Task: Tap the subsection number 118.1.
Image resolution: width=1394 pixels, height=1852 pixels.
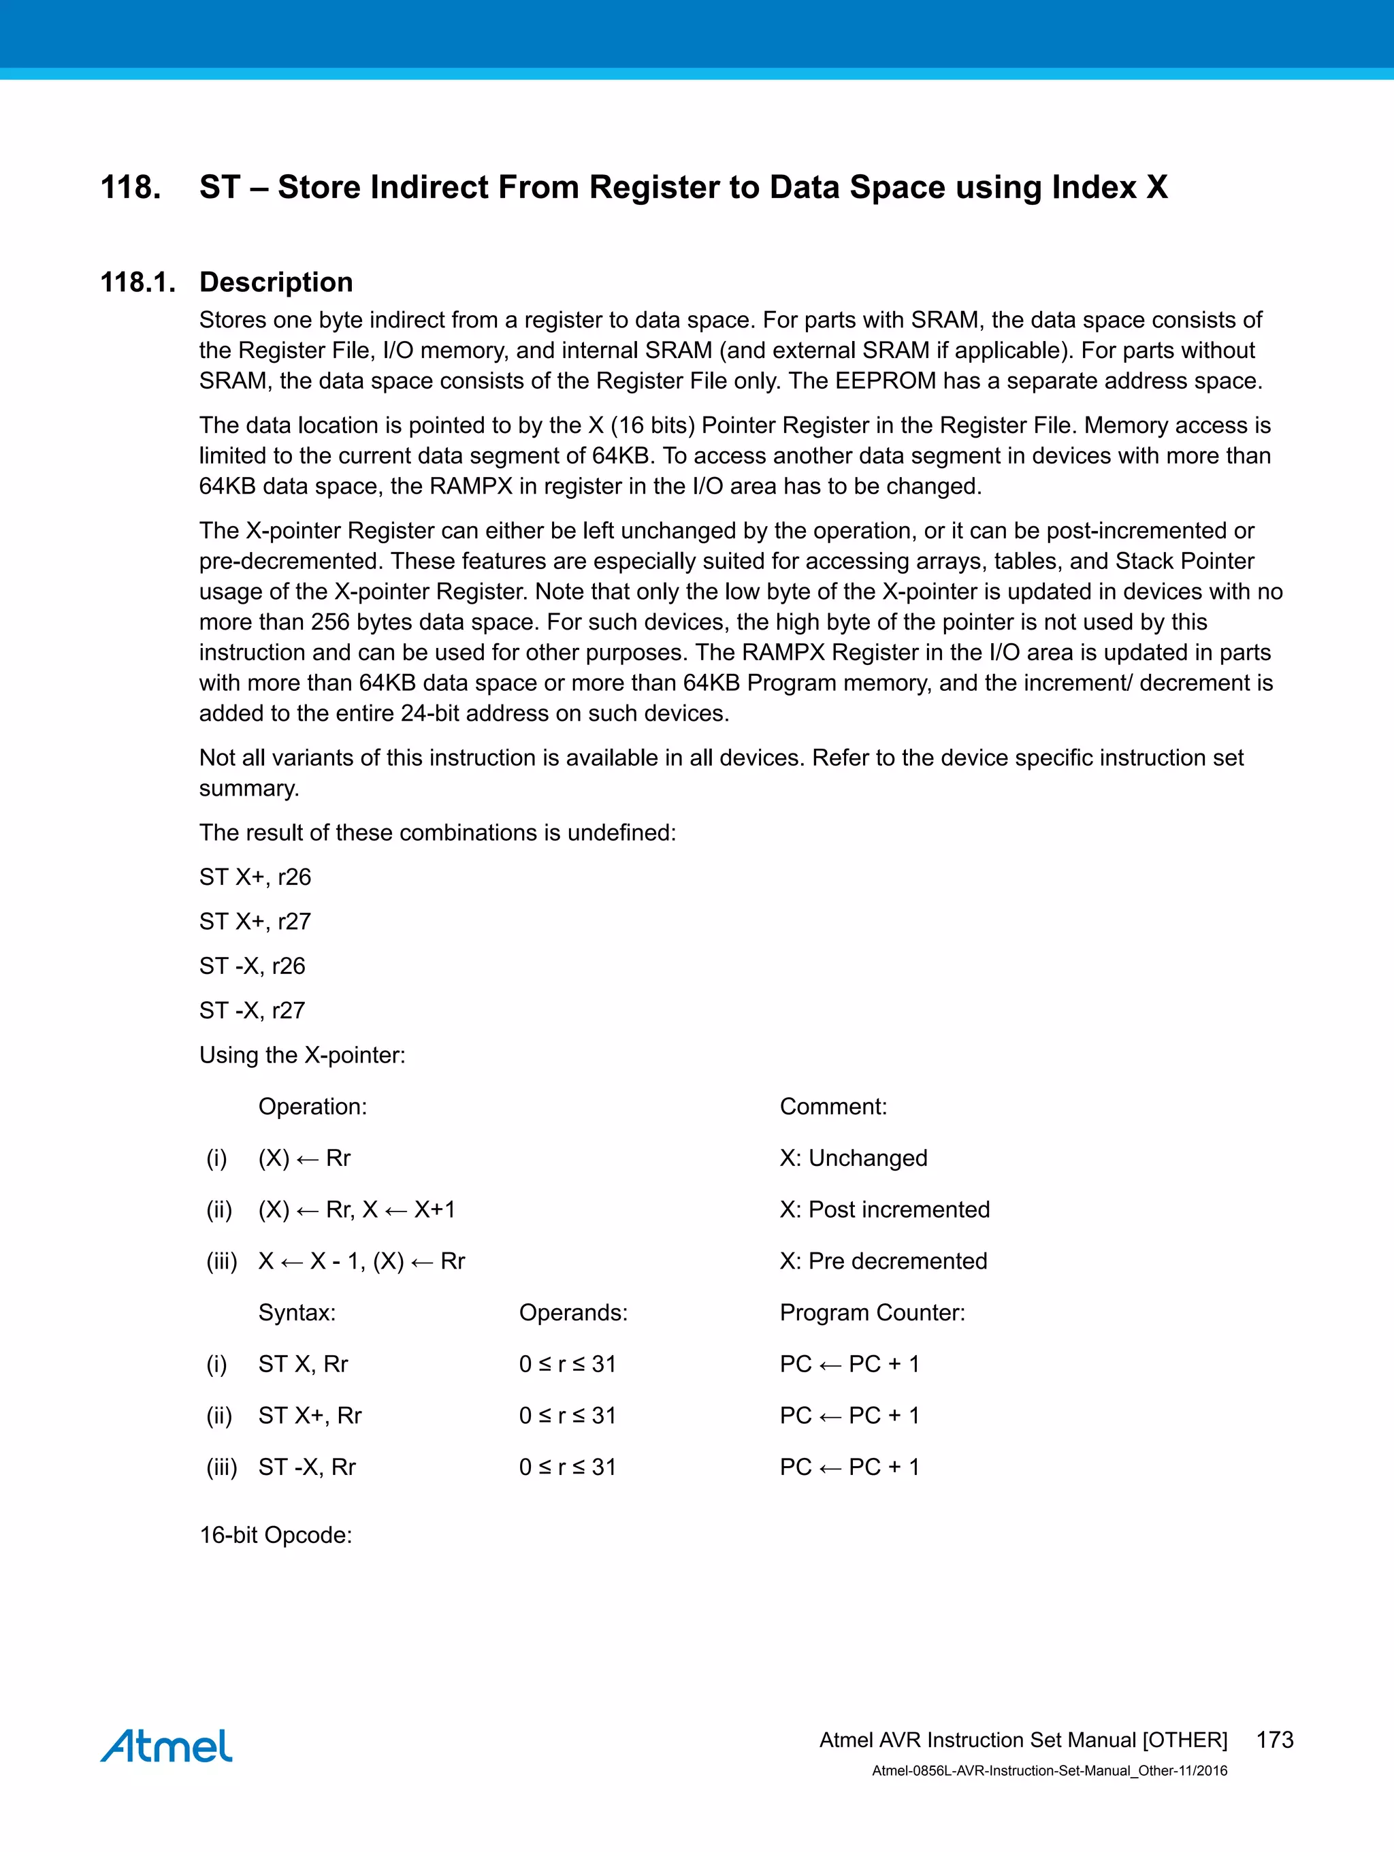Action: tap(138, 282)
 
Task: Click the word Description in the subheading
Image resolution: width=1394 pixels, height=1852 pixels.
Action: tap(276, 282)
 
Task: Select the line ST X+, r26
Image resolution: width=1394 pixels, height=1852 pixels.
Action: tap(255, 877)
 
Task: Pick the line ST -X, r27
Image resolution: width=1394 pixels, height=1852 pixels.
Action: tap(252, 1010)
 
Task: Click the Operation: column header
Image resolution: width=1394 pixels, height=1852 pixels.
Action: tap(312, 1106)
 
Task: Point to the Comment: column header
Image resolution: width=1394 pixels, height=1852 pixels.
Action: tap(833, 1106)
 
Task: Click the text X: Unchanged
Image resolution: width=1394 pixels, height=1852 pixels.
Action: tap(853, 1158)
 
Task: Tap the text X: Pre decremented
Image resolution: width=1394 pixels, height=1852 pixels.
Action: tap(884, 1261)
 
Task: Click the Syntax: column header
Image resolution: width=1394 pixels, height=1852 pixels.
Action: tap(296, 1312)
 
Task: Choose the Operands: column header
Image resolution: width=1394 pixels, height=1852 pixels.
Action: tap(572, 1312)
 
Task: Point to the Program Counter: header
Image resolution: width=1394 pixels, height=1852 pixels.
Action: tap(871, 1312)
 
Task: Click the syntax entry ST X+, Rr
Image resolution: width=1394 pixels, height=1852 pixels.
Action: tap(310, 1415)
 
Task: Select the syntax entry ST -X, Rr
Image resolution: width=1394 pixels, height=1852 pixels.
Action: tap(306, 1467)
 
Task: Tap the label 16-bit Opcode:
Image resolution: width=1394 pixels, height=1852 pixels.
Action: tap(276, 1535)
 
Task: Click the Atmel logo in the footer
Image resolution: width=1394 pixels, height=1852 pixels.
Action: tap(166, 1746)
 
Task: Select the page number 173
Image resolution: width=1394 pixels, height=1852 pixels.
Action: tap(1274, 1740)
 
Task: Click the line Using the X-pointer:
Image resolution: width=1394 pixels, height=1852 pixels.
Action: tap(302, 1054)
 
